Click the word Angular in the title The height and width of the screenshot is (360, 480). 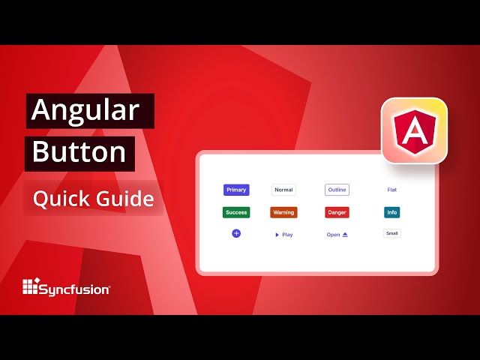[85, 111]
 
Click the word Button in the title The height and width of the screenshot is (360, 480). [79, 152]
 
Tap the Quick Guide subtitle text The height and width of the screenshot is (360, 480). [93, 199]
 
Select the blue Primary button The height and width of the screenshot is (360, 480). [236, 190]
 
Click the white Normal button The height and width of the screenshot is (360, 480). [283, 190]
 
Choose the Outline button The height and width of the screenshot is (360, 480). [337, 190]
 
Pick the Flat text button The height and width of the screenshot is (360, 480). [392, 190]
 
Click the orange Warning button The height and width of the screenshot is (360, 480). [283, 212]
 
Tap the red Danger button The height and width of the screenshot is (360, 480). [337, 212]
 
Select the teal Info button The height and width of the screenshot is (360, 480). [392, 212]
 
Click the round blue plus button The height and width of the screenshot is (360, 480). [236, 234]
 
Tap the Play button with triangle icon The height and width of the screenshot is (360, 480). [283, 235]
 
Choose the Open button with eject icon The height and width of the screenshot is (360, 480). [337, 235]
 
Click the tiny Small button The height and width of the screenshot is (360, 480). [392, 233]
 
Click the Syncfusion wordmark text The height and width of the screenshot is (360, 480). [75, 287]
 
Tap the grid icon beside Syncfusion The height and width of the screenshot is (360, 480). [30, 286]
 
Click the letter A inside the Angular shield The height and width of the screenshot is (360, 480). [414, 133]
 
